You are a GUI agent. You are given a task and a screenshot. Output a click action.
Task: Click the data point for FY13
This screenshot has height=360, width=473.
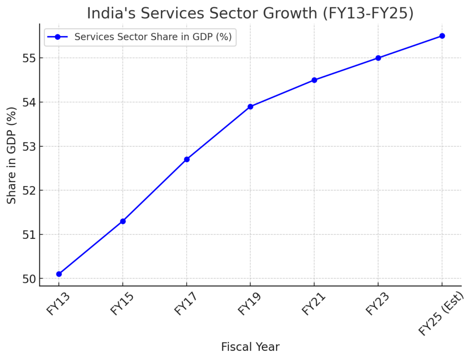59,274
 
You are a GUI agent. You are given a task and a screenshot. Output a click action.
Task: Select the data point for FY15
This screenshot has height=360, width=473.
123,221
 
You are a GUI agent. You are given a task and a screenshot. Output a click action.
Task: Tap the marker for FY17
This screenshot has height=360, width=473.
187,159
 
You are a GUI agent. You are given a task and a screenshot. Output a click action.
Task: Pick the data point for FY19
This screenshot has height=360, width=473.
250,107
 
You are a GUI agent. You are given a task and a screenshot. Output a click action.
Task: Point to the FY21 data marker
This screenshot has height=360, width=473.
314,80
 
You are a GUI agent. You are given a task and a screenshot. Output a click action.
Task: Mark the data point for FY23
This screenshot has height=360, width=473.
378,58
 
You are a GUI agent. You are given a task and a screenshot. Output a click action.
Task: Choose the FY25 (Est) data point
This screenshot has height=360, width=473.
442,36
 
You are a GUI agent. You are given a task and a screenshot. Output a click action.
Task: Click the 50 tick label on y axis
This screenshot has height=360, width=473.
29,279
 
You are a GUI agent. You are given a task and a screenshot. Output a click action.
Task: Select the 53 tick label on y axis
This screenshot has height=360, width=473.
29,146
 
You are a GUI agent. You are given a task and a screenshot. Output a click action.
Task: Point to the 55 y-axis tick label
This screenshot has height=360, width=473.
29,58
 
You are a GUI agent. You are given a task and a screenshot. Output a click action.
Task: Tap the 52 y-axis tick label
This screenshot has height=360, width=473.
29,190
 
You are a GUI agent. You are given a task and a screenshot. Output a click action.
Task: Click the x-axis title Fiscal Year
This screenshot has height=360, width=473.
250,347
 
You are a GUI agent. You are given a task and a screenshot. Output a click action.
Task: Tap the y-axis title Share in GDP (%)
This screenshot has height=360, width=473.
12,155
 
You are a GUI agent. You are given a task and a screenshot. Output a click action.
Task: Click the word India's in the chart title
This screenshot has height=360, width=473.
111,13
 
